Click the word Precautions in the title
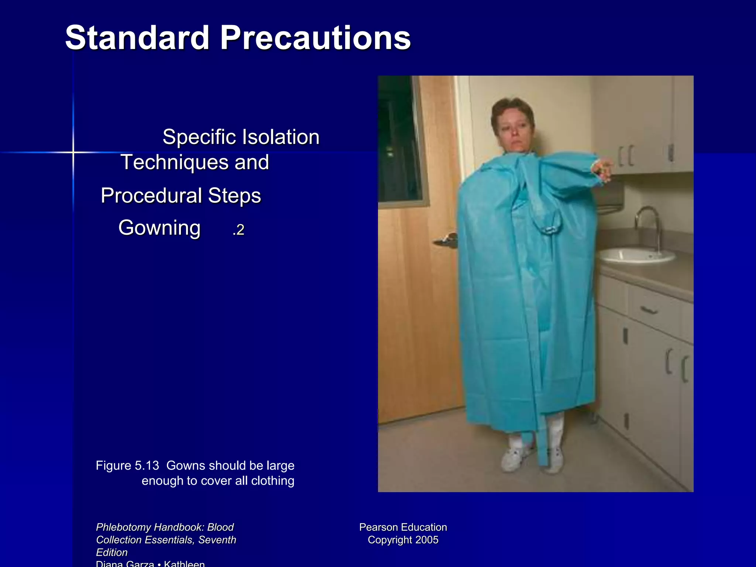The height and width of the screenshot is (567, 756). (315, 38)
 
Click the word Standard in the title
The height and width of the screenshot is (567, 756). (137, 38)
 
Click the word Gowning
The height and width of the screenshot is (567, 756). (159, 227)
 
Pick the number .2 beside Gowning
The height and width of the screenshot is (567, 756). (238, 230)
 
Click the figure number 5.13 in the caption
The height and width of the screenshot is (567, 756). (147, 465)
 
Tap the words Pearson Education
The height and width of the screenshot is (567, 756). (403, 527)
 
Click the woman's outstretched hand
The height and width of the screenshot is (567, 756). (604, 168)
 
